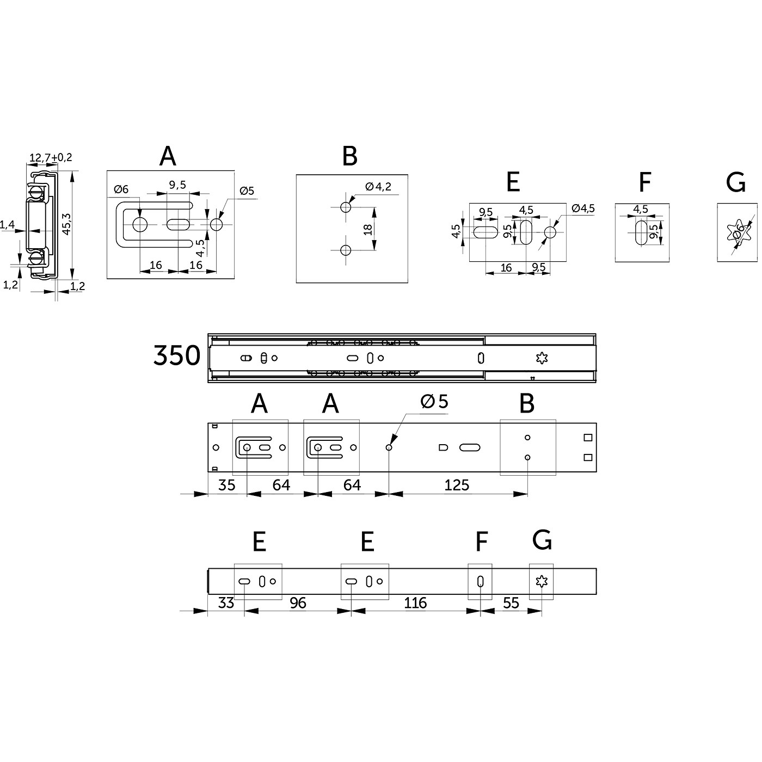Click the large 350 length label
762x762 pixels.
click(177, 355)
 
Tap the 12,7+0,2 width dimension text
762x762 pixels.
click(51, 157)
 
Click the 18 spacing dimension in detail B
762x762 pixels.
click(368, 229)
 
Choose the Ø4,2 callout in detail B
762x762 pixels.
click(378, 186)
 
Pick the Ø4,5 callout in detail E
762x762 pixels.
click(583, 208)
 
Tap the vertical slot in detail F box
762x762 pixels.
click(641, 233)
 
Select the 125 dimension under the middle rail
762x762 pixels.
click(456, 485)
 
